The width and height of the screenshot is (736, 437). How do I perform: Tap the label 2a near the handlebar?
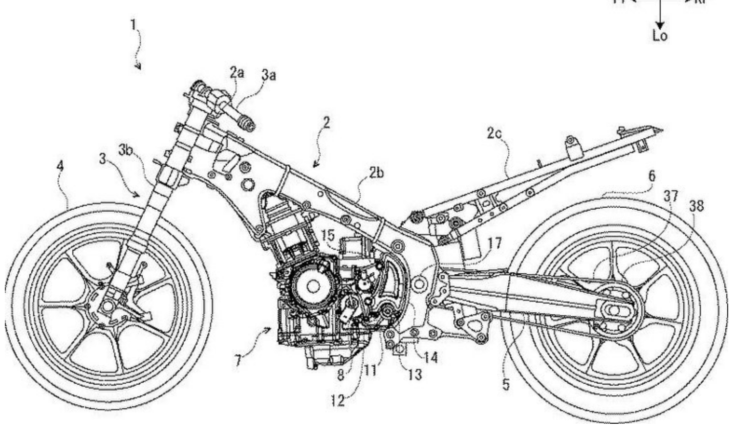(x=237, y=73)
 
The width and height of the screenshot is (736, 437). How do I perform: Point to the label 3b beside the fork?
(x=126, y=150)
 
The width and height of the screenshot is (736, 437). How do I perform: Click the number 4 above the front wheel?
(x=60, y=166)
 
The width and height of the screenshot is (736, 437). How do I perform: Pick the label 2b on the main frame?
(x=376, y=173)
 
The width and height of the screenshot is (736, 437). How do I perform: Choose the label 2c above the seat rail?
(x=494, y=133)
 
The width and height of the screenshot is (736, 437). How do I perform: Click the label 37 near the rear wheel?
(x=671, y=196)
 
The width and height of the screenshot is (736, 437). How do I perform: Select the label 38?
(x=696, y=206)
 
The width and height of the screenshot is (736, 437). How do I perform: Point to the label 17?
(x=495, y=243)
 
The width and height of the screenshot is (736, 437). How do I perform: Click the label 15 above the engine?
(x=328, y=236)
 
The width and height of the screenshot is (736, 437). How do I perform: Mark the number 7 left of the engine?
(x=238, y=361)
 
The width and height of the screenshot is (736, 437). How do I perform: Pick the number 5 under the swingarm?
(x=506, y=384)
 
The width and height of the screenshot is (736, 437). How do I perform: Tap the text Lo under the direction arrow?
(x=660, y=36)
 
